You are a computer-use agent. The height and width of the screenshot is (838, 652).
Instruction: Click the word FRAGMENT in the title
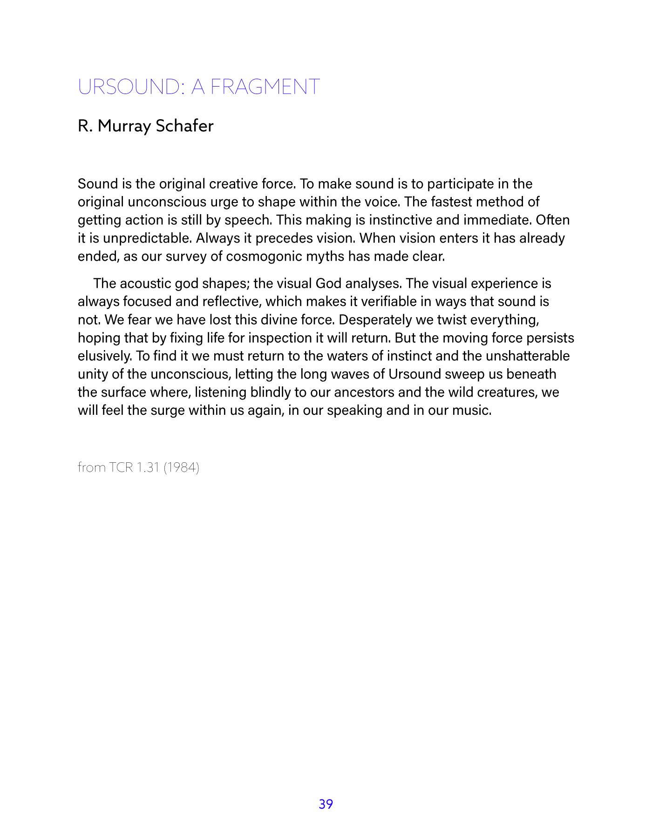point(265,87)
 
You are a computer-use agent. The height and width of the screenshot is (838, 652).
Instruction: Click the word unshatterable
point(528,356)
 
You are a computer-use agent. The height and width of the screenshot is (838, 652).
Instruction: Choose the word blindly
point(271,392)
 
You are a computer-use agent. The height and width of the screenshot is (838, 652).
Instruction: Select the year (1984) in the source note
point(181,467)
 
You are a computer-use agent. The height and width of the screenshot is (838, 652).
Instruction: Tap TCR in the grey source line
point(121,467)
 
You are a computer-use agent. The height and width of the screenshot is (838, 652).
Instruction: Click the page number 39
point(326,804)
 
